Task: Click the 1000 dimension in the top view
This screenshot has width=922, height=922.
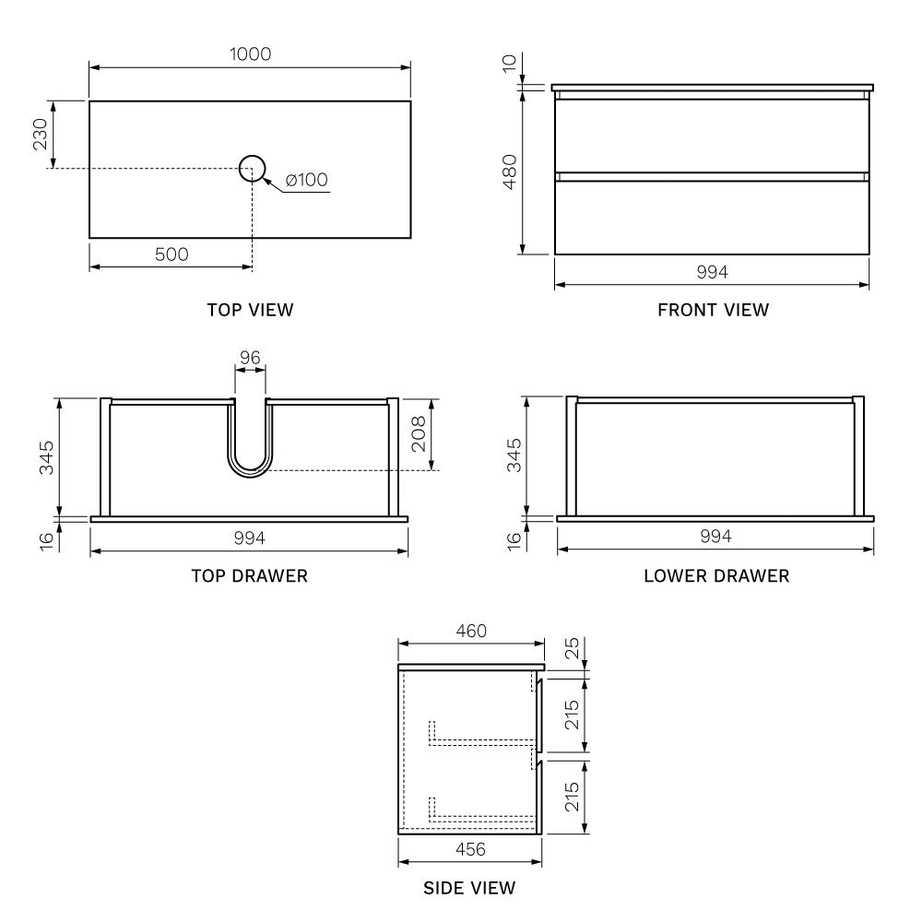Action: click(250, 53)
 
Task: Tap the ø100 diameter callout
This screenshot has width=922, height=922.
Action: click(307, 180)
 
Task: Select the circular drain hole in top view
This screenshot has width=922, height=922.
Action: click(252, 168)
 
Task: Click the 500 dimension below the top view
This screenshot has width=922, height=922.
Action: click(171, 254)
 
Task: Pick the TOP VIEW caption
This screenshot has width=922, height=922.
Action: click(250, 310)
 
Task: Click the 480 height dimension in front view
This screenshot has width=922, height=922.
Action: click(509, 172)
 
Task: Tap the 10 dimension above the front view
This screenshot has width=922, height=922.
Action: click(509, 62)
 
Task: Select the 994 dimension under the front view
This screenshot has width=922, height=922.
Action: click(712, 272)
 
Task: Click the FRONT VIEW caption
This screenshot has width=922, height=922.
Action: click(713, 310)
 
